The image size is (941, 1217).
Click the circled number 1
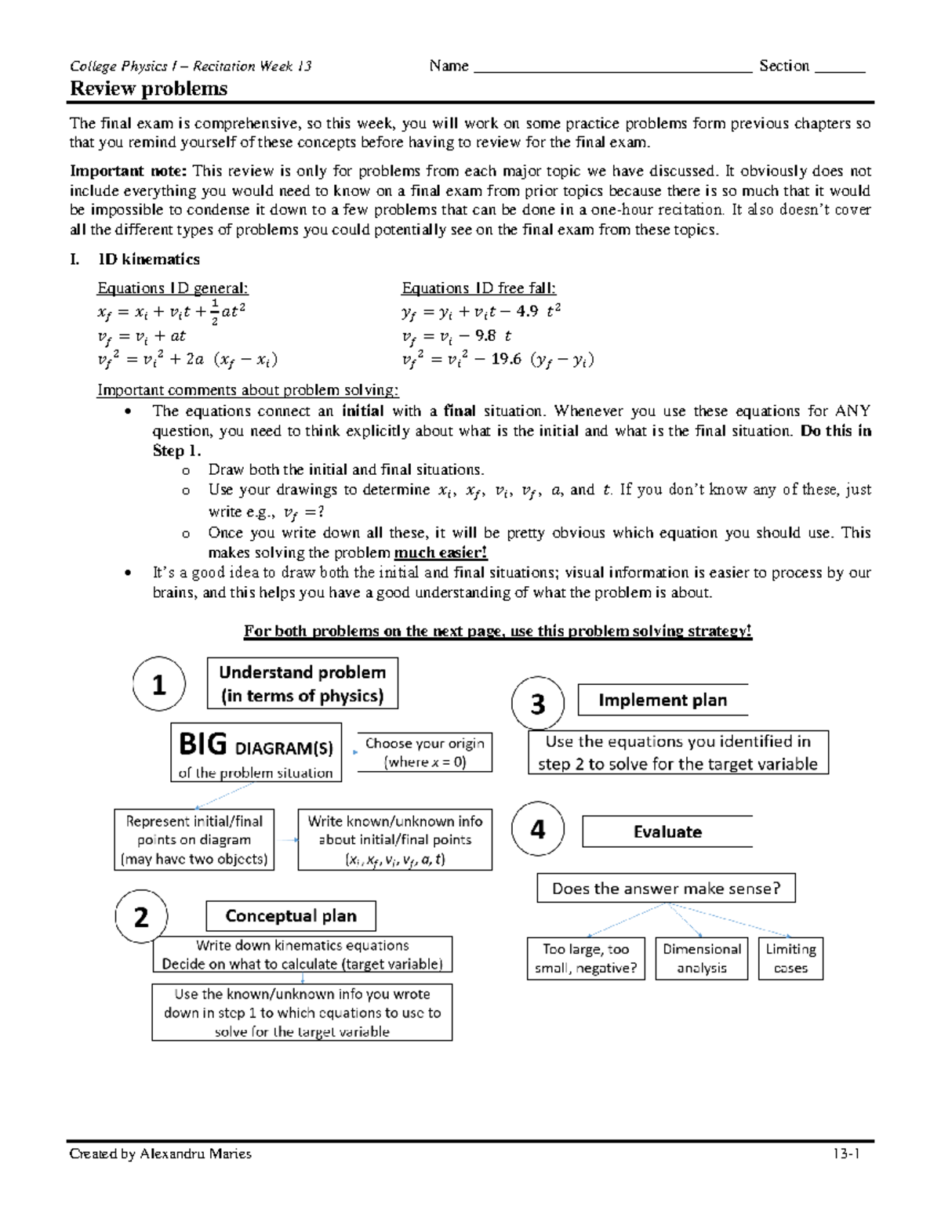(x=159, y=684)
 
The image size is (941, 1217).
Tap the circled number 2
(x=142, y=916)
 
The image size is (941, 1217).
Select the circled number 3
(x=538, y=704)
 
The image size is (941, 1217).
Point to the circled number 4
(x=538, y=829)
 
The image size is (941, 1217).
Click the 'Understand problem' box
(x=302, y=683)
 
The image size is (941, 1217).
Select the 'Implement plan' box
(x=663, y=700)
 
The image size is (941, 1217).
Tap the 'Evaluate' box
(x=667, y=831)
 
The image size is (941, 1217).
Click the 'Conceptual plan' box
(x=291, y=915)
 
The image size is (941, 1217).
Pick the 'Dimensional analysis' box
(x=702, y=958)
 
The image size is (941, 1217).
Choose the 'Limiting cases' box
(x=790, y=958)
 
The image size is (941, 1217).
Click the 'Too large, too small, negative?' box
(x=586, y=958)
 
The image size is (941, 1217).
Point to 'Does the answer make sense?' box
(x=666, y=888)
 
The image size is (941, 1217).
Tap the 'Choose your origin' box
(x=424, y=752)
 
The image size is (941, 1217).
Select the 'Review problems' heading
(x=149, y=89)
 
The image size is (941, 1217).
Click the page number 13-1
(x=848, y=1154)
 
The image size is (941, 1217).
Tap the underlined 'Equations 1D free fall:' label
(x=478, y=288)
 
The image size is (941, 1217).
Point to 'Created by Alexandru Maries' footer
(x=161, y=1154)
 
